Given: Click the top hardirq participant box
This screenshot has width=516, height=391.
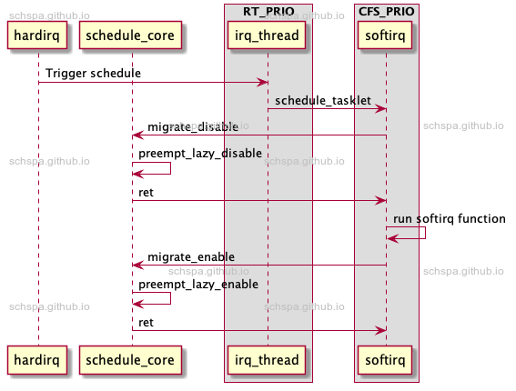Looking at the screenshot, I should [x=38, y=35].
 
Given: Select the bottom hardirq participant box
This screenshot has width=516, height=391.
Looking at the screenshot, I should [x=38, y=360].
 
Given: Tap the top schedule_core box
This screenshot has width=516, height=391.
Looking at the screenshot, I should [x=131, y=35].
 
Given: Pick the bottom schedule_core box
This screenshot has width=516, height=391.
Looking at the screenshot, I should [x=131, y=360].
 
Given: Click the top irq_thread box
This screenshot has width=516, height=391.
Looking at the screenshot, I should [x=268, y=35].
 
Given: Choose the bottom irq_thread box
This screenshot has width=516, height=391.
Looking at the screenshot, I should [x=268, y=360].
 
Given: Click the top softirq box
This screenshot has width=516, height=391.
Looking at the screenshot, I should [x=386, y=35].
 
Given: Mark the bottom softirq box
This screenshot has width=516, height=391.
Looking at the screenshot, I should [x=386, y=360].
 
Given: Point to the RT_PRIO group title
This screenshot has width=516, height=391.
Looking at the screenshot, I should [x=268, y=11].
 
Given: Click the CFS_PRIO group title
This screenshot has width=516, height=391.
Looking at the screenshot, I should [x=386, y=11].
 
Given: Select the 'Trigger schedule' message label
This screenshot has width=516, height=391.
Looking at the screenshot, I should [x=93, y=73].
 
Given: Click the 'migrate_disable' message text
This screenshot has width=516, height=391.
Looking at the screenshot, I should [x=193, y=126].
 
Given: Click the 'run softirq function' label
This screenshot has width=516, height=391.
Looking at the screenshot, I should [x=450, y=219].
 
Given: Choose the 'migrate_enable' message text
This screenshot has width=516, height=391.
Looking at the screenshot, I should [x=191, y=257].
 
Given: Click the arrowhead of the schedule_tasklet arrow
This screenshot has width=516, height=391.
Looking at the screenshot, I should [x=381, y=109].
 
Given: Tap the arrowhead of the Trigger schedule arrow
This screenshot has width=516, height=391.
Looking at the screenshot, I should [x=263, y=83].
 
